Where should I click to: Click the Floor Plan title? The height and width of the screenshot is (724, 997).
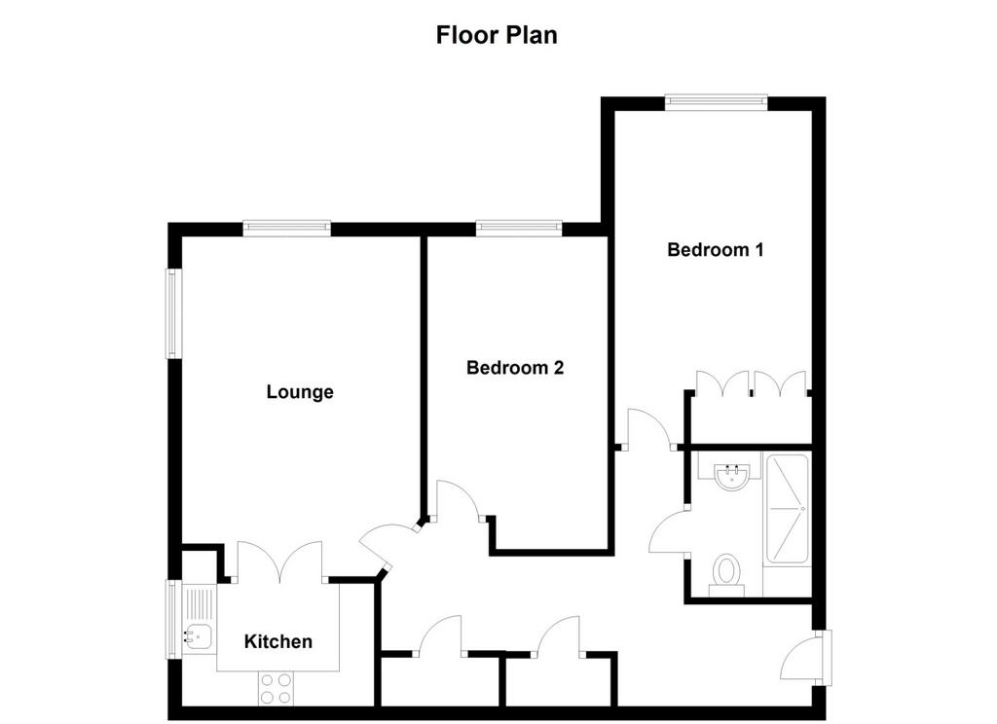497,35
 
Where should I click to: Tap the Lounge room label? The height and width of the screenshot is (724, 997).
300,392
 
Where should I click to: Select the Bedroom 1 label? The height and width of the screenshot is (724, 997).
716,250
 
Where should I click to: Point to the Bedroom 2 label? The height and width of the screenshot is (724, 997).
515,368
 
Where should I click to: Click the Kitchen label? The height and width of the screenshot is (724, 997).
277,641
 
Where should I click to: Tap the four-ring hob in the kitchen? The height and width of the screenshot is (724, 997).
276,688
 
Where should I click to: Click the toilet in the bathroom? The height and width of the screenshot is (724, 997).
726,574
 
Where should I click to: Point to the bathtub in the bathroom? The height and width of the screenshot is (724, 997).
787,509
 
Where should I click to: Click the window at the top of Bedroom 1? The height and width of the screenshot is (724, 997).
716,102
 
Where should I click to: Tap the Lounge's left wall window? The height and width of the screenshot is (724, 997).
174,313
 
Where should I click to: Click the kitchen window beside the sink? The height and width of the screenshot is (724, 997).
174,619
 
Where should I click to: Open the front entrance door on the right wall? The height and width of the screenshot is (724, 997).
806,658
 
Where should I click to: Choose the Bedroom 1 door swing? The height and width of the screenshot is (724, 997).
649,429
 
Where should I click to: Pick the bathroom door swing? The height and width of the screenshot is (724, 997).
669,532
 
